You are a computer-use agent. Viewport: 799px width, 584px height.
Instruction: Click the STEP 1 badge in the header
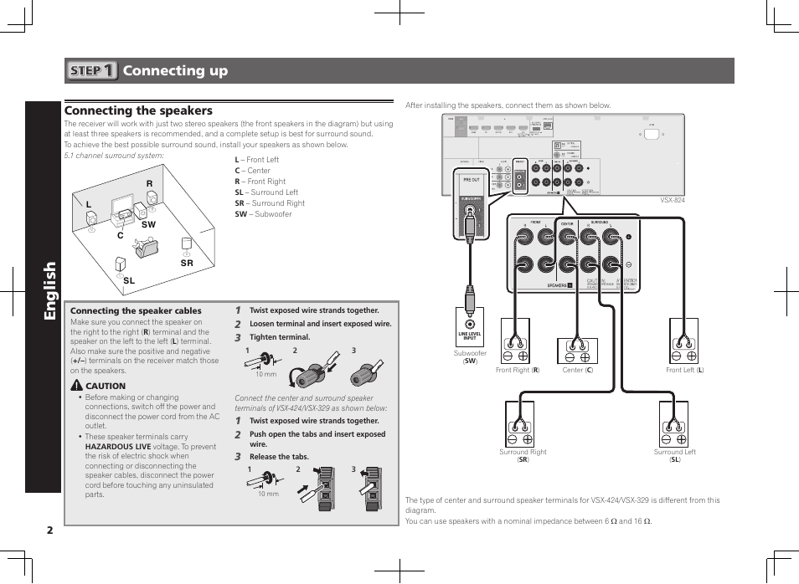click(x=92, y=71)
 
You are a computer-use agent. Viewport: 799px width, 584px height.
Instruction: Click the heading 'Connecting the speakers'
click(x=138, y=110)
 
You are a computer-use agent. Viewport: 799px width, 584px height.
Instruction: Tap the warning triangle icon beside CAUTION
click(x=76, y=386)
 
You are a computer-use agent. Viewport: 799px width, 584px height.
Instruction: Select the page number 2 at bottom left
click(x=50, y=530)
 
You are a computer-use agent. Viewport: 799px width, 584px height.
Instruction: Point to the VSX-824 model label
click(x=673, y=200)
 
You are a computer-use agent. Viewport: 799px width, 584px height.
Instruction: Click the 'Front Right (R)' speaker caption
click(x=518, y=370)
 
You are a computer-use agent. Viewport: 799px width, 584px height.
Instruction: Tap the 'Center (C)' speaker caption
click(x=577, y=370)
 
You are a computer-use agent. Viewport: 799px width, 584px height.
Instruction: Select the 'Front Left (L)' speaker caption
click(x=684, y=370)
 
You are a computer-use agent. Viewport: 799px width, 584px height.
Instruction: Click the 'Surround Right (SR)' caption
click(x=523, y=456)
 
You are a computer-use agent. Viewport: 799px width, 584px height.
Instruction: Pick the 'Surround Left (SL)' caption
click(x=674, y=456)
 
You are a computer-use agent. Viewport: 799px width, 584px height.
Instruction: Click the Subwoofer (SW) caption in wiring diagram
click(x=470, y=356)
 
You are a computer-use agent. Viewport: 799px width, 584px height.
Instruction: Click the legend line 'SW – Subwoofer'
click(x=263, y=214)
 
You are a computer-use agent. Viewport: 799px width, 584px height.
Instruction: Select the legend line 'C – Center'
click(x=252, y=171)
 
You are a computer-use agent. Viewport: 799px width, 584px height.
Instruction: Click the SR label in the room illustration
click(x=187, y=264)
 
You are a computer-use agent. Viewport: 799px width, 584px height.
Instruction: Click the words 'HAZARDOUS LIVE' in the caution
click(x=118, y=447)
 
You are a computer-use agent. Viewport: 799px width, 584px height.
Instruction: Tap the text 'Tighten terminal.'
click(x=280, y=337)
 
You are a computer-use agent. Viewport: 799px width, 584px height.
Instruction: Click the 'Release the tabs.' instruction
click(x=279, y=457)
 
